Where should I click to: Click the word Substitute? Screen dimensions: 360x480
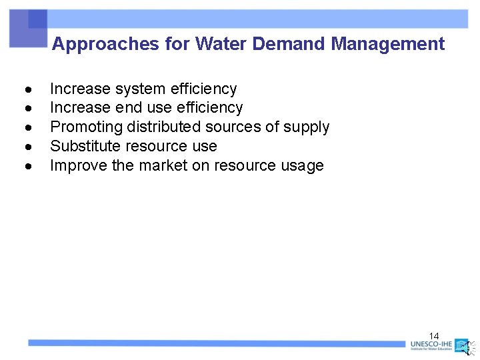tap(83, 146)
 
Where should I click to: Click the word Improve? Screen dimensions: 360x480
tap(79, 165)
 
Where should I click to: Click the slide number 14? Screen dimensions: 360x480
tap(434, 335)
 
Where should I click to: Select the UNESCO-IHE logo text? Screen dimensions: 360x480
tap(431, 345)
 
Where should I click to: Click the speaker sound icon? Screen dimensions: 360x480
tap(469, 347)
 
